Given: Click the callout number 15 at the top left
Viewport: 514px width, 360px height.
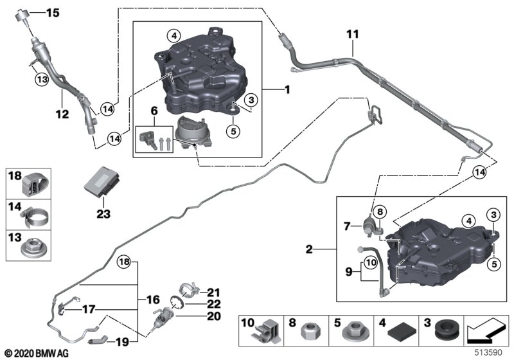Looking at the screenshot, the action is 53,13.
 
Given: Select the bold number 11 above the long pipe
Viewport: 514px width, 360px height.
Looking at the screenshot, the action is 353,34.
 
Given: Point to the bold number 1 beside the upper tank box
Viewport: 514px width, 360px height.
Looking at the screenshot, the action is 287,89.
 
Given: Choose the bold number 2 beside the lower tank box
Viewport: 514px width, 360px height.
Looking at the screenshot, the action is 309,249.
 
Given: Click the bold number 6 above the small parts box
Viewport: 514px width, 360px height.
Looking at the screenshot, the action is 154,111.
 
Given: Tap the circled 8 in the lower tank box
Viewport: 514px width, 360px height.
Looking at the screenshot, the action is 380,212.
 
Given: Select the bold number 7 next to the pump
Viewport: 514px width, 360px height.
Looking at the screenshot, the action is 347,226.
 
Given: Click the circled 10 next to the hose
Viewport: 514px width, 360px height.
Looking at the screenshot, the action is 371,263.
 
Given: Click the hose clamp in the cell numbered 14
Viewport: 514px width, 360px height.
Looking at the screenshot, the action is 35,218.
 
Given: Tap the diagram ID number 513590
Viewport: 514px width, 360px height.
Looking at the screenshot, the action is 488,353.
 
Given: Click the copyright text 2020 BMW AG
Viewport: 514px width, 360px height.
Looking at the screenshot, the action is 37,354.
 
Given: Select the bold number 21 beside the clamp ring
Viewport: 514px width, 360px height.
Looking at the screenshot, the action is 214,292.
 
